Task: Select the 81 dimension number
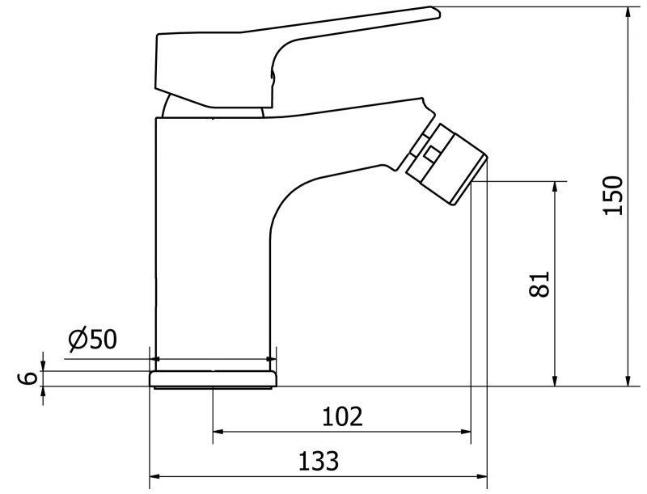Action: (x=539, y=284)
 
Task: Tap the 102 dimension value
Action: (x=342, y=416)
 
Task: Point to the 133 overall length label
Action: (x=319, y=461)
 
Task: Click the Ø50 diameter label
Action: (x=93, y=340)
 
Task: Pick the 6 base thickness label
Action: (x=28, y=378)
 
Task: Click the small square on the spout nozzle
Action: (x=432, y=154)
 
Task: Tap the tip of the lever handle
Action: (x=440, y=15)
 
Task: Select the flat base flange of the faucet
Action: (x=213, y=379)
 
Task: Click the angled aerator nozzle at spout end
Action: (x=446, y=163)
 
